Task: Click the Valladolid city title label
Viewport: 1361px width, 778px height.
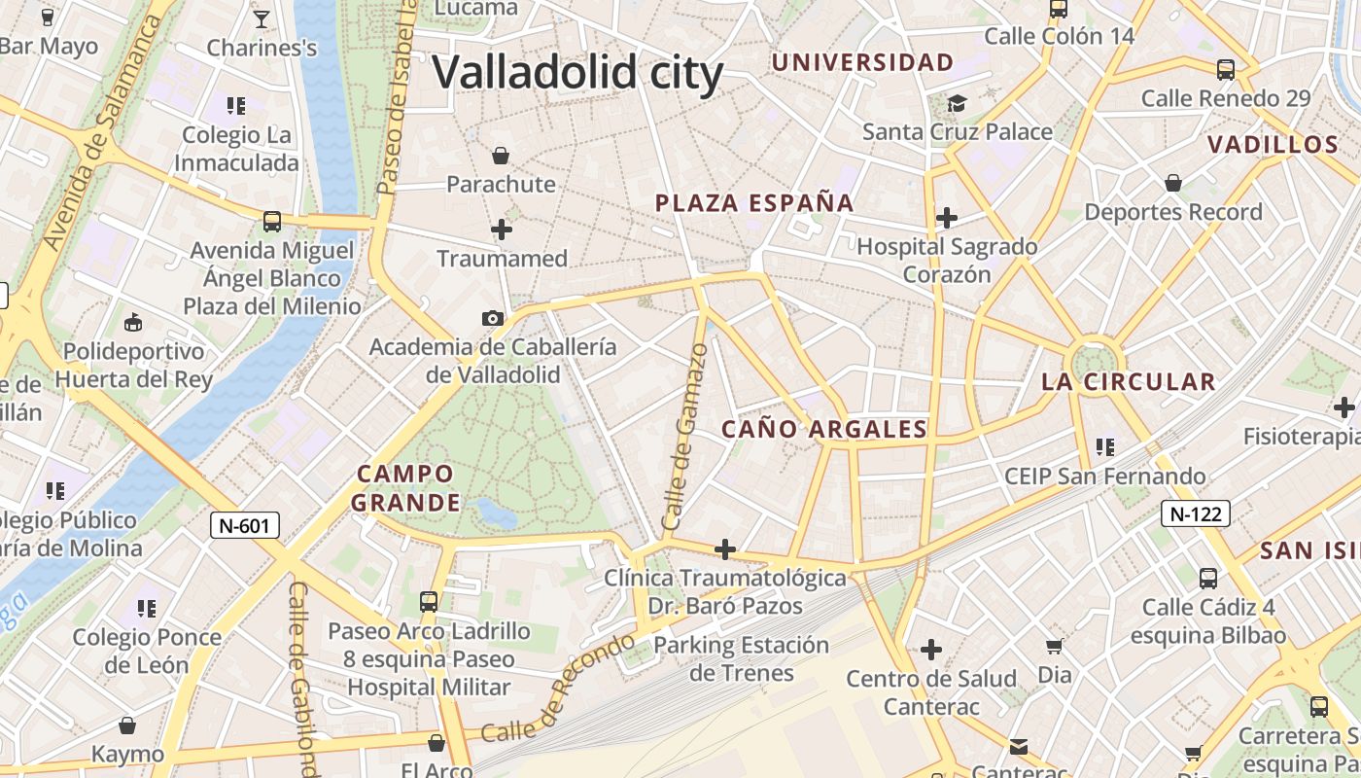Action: pyautogui.click(x=577, y=73)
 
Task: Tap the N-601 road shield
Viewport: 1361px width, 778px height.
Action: pyautogui.click(x=245, y=526)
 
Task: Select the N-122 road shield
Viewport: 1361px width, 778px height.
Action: pyautogui.click(x=1196, y=513)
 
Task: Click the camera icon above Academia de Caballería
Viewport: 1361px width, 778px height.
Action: pyautogui.click(x=493, y=318)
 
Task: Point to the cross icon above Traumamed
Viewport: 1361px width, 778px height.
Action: pyautogui.click(x=502, y=230)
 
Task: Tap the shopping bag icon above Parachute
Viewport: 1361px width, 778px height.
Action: pyautogui.click(x=501, y=156)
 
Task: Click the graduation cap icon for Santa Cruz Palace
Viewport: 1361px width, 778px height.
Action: pyautogui.click(x=958, y=103)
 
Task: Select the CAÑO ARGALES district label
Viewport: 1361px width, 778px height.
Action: pyautogui.click(x=824, y=429)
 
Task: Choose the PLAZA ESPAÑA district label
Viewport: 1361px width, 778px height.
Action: pyautogui.click(x=754, y=203)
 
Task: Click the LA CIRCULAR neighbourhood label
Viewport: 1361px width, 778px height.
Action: pyautogui.click(x=1129, y=382)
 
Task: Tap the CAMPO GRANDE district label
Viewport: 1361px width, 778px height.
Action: pyautogui.click(x=405, y=488)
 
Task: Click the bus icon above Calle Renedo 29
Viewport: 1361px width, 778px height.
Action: pyautogui.click(x=1226, y=70)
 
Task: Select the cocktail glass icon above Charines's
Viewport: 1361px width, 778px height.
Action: pyautogui.click(x=262, y=18)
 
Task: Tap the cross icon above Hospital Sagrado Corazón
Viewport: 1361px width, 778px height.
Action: pyautogui.click(x=947, y=218)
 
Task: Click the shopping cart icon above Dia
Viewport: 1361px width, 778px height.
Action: pyautogui.click(x=1054, y=646)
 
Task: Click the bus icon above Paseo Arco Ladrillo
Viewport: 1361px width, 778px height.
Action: pyautogui.click(x=429, y=602)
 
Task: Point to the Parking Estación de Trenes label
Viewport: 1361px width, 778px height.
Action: pyautogui.click(x=742, y=658)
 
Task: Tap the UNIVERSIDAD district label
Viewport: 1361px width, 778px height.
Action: pyautogui.click(x=862, y=63)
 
